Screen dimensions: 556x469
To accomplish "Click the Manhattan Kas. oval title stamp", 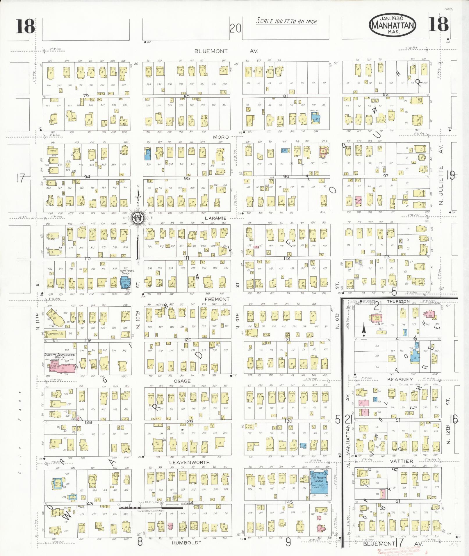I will [x=393, y=25].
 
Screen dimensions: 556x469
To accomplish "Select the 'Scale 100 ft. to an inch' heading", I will [x=286, y=21].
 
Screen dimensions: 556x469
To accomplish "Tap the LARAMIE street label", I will [x=215, y=218].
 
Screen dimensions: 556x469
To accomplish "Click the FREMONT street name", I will [x=217, y=299].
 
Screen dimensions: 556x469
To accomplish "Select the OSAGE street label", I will [x=182, y=381].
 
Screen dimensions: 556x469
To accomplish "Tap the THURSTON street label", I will [x=398, y=302].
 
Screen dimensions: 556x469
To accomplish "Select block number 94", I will [x=87, y=177].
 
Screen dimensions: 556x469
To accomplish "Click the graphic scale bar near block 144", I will [x=151, y=507].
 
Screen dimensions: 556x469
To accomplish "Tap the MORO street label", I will [x=221, y=137].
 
